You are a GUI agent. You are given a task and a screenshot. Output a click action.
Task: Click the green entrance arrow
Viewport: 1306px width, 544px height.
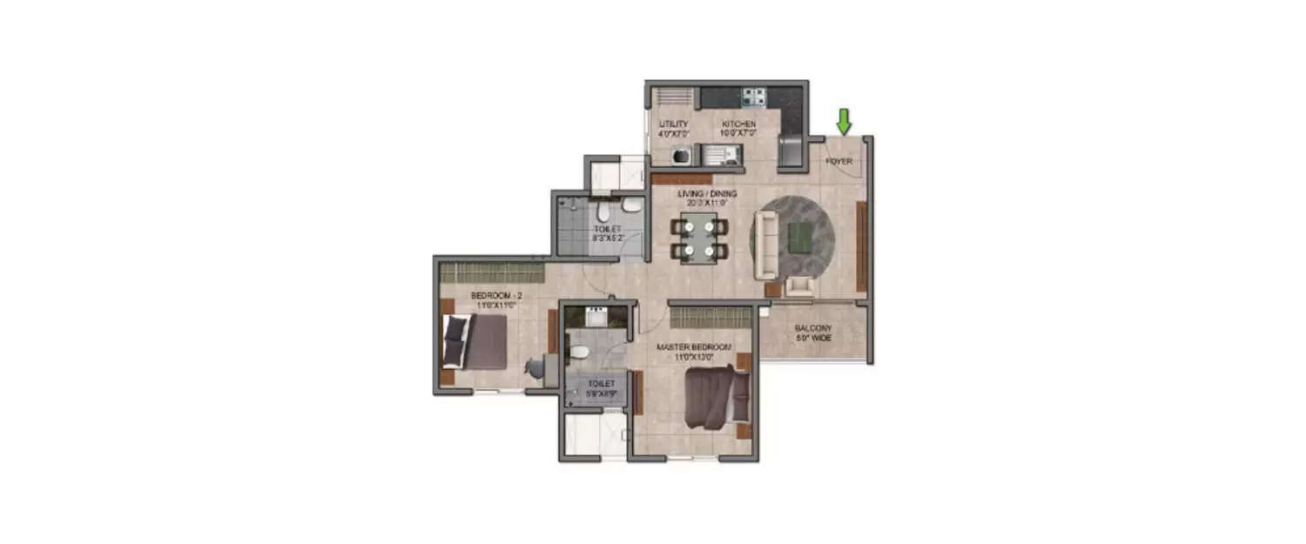(843, 120)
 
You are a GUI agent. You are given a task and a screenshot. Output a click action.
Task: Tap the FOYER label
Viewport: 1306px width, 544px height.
(839, 162)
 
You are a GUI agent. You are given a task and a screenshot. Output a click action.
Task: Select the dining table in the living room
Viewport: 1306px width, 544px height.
(699, 238)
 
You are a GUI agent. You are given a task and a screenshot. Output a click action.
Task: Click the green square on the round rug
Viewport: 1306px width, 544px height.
(800, 235)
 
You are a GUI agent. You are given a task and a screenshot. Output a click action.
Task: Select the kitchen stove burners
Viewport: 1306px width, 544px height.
(752, 97)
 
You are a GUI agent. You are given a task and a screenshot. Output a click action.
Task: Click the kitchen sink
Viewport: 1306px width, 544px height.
(717, 156)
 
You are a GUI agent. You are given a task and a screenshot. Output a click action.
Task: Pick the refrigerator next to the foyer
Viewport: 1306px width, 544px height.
(791, 151)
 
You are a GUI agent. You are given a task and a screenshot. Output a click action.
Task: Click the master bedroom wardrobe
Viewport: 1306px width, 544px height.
(710, 317)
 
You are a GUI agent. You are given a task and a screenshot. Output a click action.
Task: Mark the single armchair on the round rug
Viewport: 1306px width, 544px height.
(798, 285)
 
